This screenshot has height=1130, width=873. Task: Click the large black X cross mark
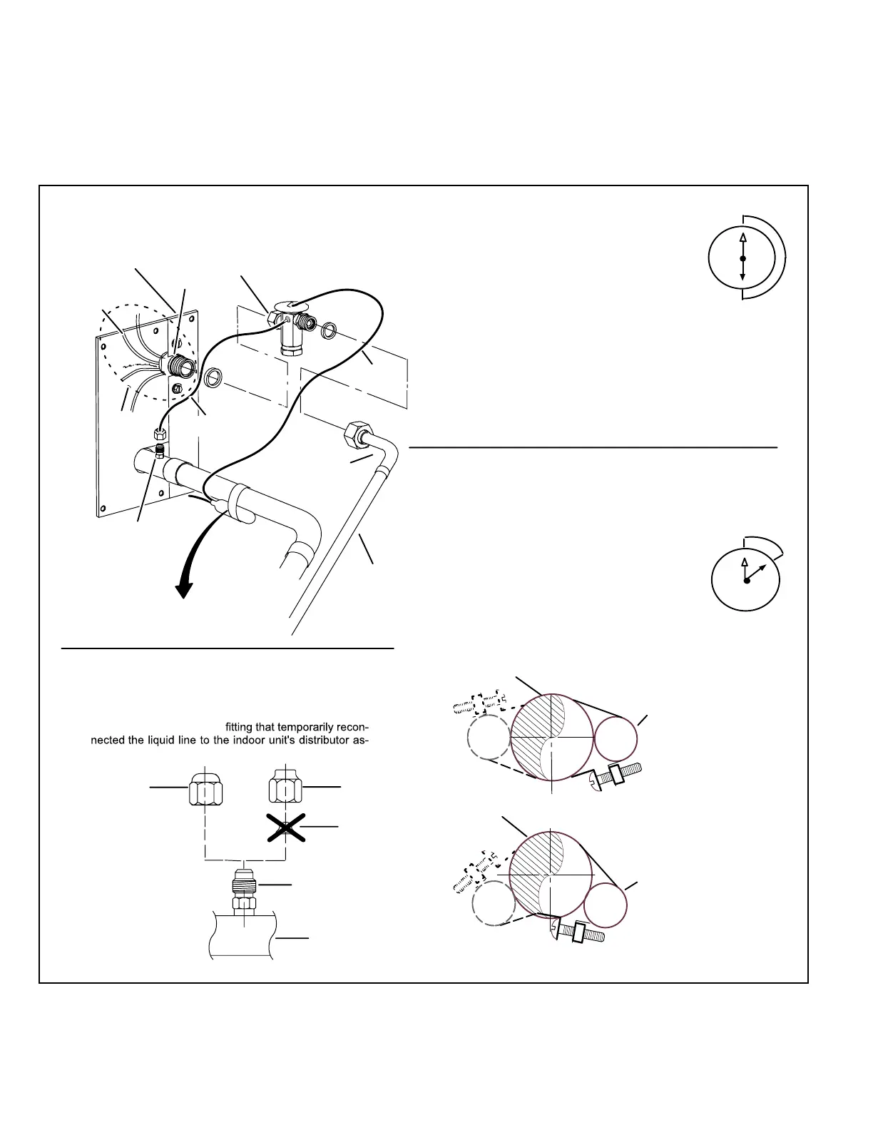click(x=285, y=828)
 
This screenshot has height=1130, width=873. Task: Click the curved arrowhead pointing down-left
click(x=185, y=590)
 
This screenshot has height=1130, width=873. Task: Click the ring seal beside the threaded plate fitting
click(x=213, y=378)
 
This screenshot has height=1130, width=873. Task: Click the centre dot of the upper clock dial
click(x=742, y=258)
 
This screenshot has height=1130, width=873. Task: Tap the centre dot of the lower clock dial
click(x=747, y=581)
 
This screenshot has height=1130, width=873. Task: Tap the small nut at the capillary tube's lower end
click(x=160, y=432)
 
